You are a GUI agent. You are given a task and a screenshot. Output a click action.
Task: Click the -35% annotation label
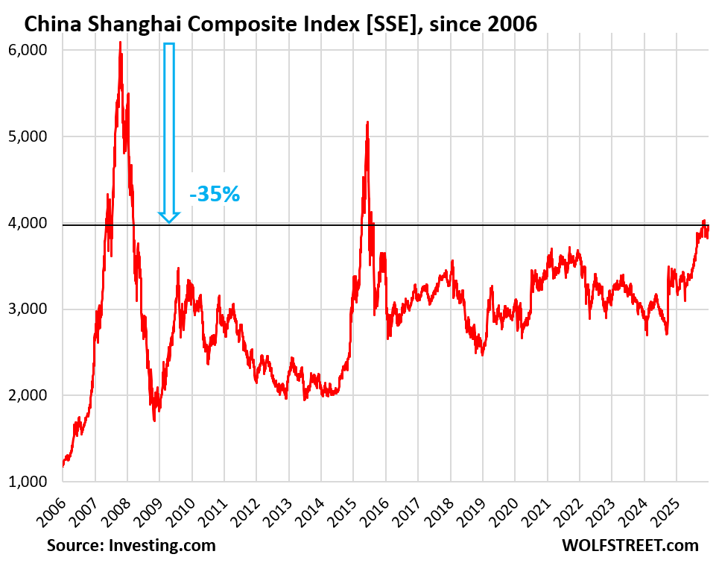point(215,195)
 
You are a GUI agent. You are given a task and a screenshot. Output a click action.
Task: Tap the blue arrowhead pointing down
point(169,216)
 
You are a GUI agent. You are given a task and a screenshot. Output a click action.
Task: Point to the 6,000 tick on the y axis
point(29,50)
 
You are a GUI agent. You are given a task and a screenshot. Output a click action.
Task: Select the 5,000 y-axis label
point(29,136)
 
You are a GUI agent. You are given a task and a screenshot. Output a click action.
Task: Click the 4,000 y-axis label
point(29,223)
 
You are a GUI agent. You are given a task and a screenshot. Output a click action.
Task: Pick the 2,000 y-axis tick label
point(29,395)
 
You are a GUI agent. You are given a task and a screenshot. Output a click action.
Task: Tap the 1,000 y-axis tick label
point(29,482)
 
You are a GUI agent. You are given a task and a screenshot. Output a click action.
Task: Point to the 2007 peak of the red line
point(120,43)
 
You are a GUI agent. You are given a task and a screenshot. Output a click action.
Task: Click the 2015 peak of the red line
point(367,122)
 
